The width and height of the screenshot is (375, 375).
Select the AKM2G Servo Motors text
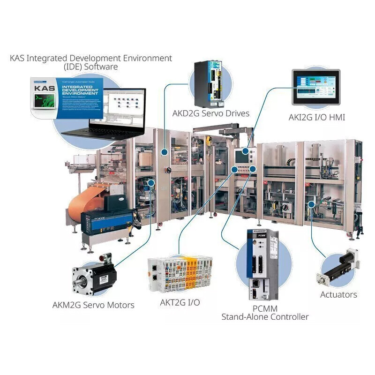point(93,305)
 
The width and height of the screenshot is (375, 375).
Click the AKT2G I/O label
point(180,302)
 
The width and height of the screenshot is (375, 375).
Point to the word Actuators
point(338,294)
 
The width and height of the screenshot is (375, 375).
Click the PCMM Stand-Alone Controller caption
point(265,313)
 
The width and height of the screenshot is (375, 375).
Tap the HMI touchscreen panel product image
point(315,87)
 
